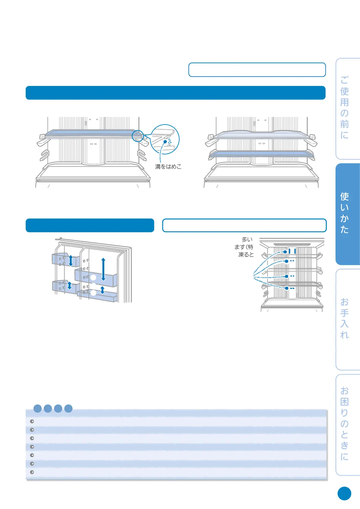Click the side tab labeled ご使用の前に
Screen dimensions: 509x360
346,108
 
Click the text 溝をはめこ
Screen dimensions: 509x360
168,167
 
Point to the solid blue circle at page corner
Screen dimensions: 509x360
344,494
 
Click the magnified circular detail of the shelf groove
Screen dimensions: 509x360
165,139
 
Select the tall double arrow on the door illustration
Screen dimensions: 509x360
103,269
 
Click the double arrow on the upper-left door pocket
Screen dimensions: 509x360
71,260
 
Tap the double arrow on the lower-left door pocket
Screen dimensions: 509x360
70,285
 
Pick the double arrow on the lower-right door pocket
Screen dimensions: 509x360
102,290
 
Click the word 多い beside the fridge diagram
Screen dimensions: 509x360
247,240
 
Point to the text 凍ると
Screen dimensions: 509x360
246,255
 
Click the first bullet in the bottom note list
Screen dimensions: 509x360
32,421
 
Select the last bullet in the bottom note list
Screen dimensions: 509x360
32,472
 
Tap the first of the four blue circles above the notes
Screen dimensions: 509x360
37,409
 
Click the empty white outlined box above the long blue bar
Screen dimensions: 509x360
257,70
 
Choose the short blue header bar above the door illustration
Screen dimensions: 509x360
90,225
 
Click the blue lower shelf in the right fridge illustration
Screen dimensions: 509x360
261,154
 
